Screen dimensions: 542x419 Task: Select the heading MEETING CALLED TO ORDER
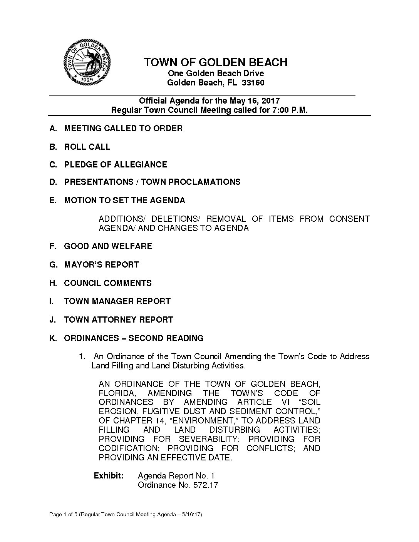123,128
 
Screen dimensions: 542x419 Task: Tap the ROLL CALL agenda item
87,147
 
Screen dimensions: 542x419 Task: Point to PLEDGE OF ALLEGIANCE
116,164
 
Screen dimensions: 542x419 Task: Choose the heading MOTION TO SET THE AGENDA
124,200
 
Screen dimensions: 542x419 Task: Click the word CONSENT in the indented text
349,219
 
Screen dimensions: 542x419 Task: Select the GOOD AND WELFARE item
108,246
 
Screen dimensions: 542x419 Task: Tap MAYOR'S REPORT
101,264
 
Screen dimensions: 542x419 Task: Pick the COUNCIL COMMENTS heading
108,283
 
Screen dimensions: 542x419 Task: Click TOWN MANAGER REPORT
117,301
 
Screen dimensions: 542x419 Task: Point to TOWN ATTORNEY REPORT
119,320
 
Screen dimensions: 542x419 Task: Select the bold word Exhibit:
109,476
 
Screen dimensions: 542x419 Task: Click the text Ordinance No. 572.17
178,485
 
